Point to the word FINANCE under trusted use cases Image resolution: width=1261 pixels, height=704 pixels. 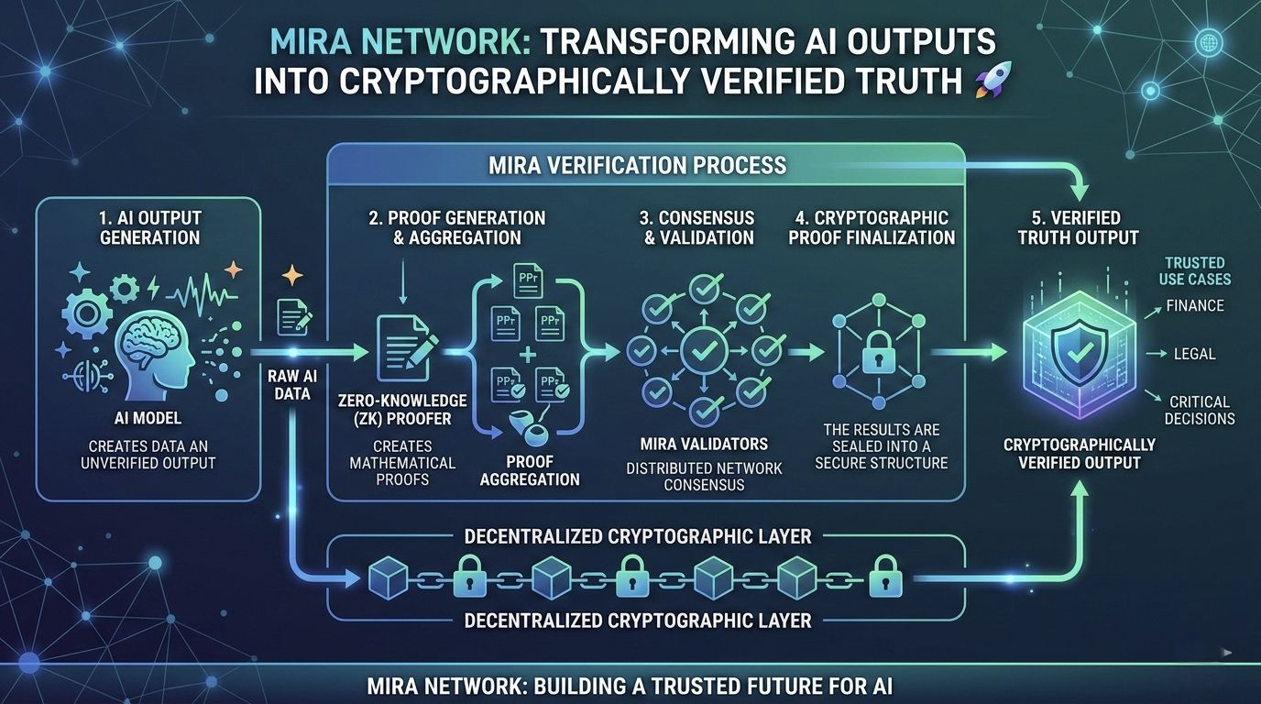click(1195, 305)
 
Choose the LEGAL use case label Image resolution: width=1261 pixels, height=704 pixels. click(1194, 353)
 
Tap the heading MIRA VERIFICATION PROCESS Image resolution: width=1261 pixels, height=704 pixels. click(638, 165)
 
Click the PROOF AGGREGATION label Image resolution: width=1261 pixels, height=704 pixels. click(530, 468)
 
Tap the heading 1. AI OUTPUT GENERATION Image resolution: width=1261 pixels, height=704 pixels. click(149, 227)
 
